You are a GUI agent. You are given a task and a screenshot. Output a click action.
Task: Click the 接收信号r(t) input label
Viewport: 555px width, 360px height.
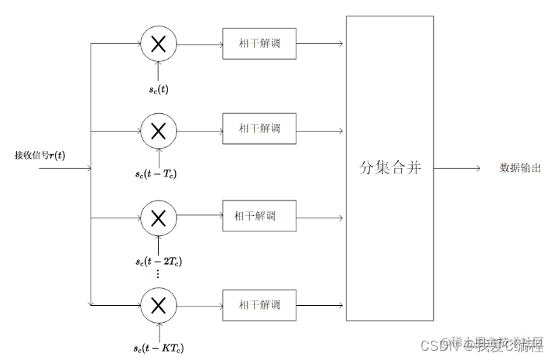click(39, 155)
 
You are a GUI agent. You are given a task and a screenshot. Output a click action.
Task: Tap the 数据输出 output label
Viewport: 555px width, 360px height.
click(519, 168)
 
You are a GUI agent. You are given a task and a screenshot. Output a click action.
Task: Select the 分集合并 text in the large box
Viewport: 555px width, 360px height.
click(390, 168)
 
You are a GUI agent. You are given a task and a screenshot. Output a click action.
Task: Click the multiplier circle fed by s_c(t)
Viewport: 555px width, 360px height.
click(158, 44)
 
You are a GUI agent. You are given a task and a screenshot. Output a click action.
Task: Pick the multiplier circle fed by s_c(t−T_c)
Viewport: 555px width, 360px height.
click(158, 131)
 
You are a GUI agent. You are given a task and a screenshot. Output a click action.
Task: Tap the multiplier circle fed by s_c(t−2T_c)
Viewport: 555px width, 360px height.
click(158, 218)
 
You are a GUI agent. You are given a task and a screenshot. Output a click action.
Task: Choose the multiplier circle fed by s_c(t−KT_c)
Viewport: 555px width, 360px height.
click(158, 304)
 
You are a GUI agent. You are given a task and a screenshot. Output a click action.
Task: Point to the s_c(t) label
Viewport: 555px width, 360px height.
click(159, 89)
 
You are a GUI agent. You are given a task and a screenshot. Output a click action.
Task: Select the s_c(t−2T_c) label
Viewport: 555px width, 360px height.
click(158, 262)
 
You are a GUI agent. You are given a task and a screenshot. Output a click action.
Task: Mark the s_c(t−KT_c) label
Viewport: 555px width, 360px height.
click(158, 347)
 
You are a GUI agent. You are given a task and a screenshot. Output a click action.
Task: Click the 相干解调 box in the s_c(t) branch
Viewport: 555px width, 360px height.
click(259, 43)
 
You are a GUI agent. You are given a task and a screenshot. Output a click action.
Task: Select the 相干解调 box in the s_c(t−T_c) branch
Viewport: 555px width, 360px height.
click(259, 129)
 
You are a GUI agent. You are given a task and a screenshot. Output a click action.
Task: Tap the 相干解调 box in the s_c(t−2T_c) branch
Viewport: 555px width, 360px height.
click(259, 216)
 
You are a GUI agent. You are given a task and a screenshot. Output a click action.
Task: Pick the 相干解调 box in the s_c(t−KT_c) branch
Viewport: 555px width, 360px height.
click(259, 304)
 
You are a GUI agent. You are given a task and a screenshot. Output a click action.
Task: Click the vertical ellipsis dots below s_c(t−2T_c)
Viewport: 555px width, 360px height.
click(157, 274)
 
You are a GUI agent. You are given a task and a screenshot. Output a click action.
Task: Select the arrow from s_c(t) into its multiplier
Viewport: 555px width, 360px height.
click(158, 71)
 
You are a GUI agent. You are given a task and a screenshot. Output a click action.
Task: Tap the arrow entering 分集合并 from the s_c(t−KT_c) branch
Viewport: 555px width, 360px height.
click(320, 304)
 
